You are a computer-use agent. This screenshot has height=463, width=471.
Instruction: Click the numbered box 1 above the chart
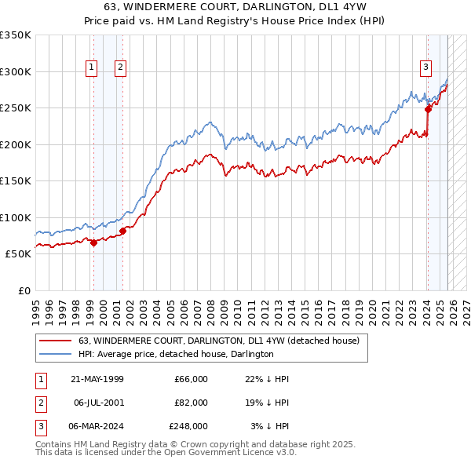click(93, 68)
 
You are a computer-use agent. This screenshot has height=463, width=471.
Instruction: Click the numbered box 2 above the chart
click(121, 68)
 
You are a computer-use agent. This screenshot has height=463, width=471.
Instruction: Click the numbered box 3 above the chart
click(426, 68)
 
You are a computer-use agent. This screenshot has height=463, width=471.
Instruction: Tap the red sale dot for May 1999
click(93, 242)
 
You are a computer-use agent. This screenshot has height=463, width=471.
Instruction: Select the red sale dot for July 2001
click(122, 231)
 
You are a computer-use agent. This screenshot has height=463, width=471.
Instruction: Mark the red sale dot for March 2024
click(428, 110)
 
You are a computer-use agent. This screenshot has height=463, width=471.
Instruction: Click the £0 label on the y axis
click(23, 290)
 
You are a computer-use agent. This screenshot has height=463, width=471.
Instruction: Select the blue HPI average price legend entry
click(175, 354)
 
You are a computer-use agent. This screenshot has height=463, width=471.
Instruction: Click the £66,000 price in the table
click(191, 379)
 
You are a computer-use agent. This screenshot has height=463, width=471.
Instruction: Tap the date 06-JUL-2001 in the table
click(98, 403)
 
